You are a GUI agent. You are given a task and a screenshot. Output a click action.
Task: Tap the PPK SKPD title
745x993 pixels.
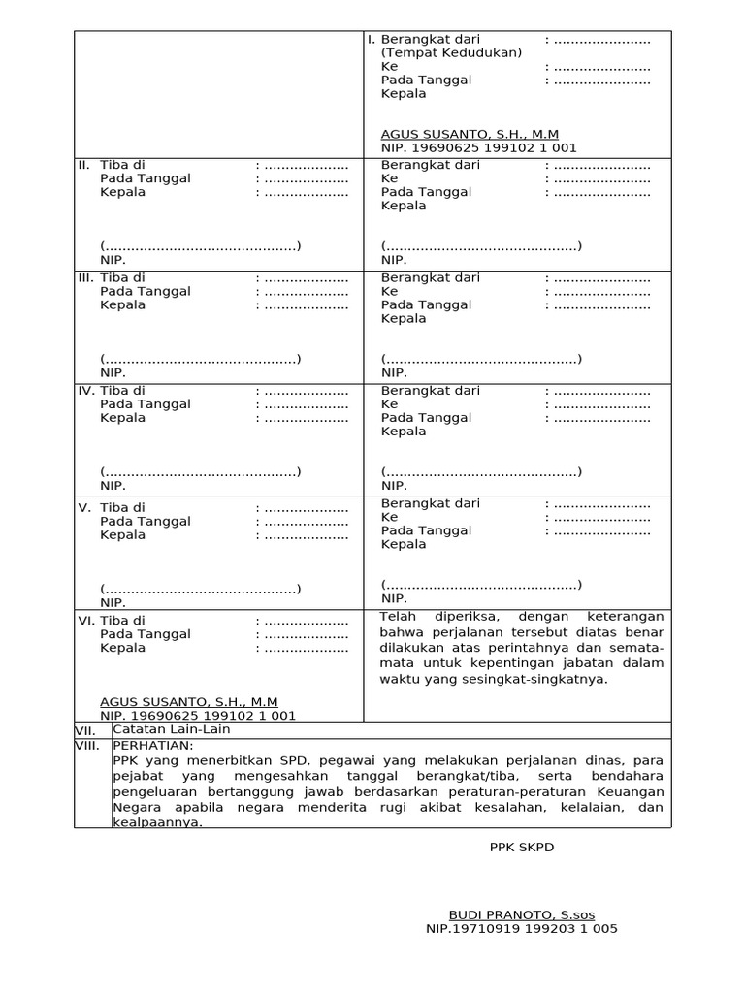[521, 847]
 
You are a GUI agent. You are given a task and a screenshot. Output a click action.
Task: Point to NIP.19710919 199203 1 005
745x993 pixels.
[521, 928]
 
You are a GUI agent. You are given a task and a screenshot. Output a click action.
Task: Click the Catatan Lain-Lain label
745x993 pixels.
[172, 729]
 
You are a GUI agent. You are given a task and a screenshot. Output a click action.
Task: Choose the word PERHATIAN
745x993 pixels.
[153, 745]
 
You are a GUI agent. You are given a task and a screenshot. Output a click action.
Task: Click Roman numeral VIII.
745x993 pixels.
[88, 745]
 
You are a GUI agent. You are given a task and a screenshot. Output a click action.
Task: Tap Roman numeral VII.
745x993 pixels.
[86, 729]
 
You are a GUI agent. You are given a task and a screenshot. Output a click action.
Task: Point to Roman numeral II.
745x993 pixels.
[83, 165]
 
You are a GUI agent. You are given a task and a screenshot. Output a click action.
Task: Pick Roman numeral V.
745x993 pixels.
[84, 508]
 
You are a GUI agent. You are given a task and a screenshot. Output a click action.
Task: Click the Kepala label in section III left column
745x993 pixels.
[122, 304]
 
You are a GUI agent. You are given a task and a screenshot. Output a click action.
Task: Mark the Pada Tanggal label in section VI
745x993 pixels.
[145, 634]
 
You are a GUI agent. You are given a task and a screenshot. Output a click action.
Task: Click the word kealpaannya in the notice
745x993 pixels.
[158, 821]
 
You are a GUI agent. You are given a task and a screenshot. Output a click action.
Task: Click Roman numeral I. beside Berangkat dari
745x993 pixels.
[371, 40]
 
